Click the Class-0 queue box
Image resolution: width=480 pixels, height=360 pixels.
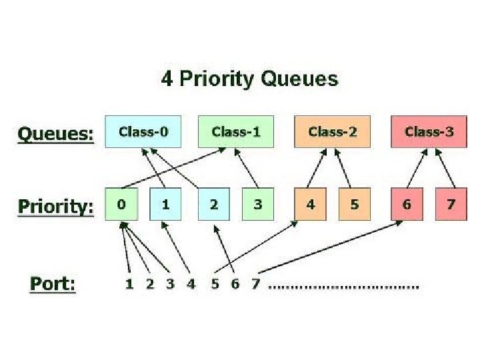click(143, 131)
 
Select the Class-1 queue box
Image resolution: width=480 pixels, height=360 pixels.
click(236, 131)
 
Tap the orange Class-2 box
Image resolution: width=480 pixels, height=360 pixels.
click(332, 131)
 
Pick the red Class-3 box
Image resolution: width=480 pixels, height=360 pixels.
click(429, 131)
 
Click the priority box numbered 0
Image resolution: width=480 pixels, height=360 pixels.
click(121, 204)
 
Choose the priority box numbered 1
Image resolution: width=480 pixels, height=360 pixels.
click(165, 204)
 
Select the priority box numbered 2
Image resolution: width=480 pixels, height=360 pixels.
click(214, 204)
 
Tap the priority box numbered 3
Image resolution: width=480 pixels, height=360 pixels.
click(258, 204)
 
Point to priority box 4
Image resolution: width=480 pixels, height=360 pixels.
click(311, 204)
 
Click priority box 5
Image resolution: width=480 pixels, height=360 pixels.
click(355, 204)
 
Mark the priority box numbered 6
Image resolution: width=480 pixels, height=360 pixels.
click(407, 204)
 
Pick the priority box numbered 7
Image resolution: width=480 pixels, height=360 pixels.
click(451, 204)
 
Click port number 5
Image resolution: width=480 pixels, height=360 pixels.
click(215, 284)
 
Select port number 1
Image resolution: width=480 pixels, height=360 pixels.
click(129, 284)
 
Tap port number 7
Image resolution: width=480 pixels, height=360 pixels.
click(255, 284)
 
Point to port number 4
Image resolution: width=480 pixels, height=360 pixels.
click(191, 284)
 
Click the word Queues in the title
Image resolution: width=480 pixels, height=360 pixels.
click(299, 79)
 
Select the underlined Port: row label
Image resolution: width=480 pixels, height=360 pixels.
click(53, 284)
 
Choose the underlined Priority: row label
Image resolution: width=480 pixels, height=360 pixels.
click(56, 207)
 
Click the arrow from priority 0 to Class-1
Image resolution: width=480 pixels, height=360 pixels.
click(173, 168)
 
